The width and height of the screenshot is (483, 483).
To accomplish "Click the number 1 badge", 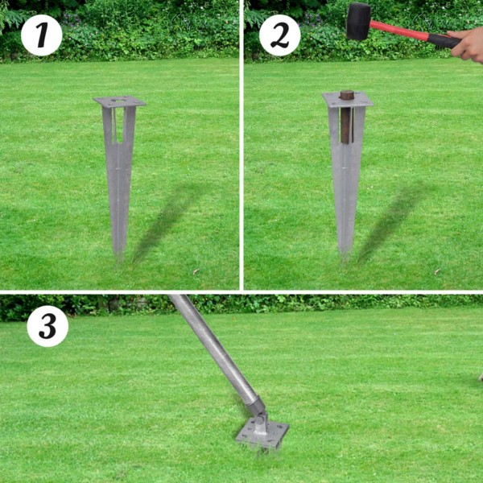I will coord(41,35).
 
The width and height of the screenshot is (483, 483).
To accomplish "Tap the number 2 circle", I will coord(279,35).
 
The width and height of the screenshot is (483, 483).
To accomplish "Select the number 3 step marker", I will coord(47,327).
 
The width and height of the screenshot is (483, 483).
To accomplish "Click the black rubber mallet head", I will coord(357,21).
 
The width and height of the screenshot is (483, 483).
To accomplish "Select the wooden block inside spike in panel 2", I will coord(347,117).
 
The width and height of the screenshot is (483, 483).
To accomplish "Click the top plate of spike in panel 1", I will coord(119,101).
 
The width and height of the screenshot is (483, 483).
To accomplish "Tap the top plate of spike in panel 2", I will coord(348,100).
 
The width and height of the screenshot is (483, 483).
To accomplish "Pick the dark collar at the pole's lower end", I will coord(253,402).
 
